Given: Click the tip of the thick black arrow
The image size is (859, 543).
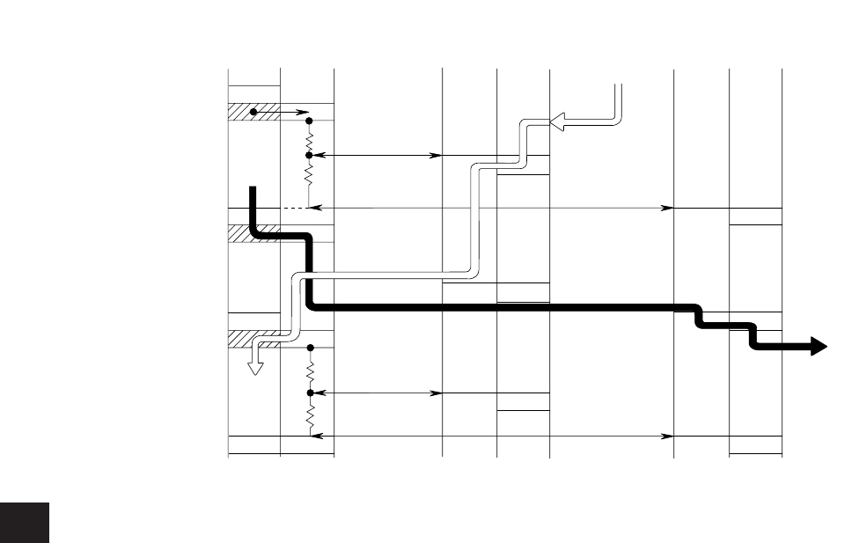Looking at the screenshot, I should (824, 348).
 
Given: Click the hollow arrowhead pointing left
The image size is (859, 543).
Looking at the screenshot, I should (558, 123).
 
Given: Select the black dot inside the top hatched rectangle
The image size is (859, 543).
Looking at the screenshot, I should (253, 112).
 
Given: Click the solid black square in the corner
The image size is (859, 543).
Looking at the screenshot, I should (25, 524).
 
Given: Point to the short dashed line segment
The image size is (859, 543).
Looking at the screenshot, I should (293, 208).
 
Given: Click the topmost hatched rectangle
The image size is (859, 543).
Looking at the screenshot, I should (254, 112).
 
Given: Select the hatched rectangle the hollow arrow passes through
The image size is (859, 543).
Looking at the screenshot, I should (254, 339).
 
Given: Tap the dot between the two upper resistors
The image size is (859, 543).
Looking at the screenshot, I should (309, 155).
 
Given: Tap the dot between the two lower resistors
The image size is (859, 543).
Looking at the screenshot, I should (309, 393).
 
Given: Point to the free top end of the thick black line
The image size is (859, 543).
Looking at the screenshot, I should (253, 187).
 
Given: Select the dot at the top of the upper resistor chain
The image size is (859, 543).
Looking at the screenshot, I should (309, 121).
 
